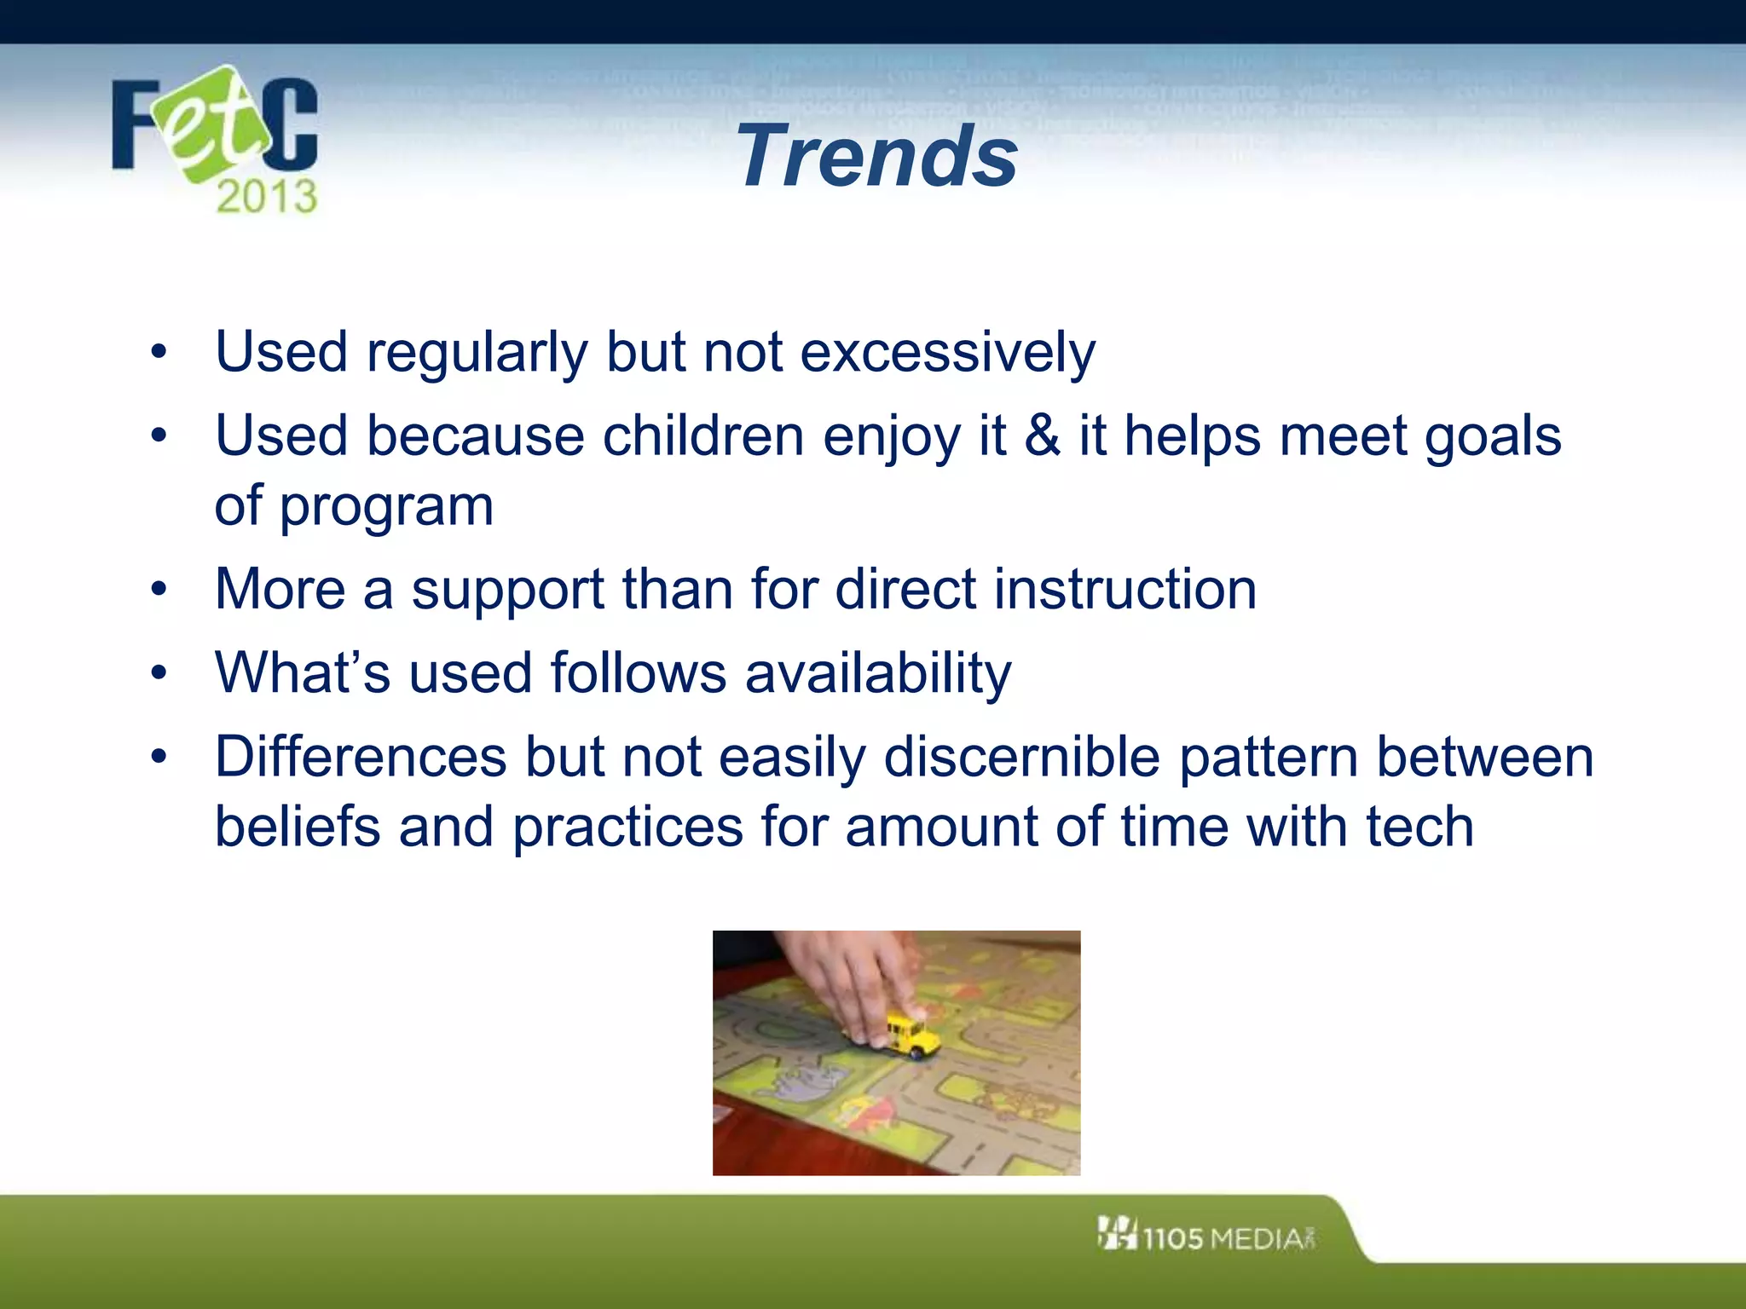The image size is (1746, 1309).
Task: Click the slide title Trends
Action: [876, 156]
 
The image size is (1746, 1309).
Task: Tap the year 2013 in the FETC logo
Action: [266, 197]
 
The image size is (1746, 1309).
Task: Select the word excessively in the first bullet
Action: [947, 352]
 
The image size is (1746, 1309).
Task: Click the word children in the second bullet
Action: [703, 435]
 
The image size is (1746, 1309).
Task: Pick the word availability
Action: [878, 673]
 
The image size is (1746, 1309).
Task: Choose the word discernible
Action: [1021, 757]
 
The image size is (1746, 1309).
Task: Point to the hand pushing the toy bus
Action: [844, 980]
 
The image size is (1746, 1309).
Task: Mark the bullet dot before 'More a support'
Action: [159, 589]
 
